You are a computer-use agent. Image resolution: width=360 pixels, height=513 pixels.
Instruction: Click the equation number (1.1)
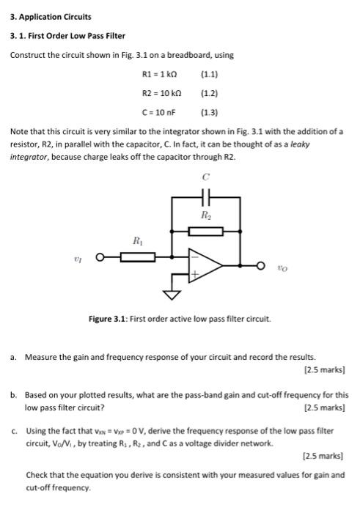coord(210,74)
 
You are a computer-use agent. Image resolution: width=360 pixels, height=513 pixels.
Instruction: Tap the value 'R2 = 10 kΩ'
coord(162,93)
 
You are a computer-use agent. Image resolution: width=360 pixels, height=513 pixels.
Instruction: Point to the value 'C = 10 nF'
coord(162,112)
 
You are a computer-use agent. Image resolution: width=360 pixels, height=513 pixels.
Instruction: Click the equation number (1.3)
coord(210,112)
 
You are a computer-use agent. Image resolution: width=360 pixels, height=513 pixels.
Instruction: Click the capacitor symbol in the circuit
coord(206,197)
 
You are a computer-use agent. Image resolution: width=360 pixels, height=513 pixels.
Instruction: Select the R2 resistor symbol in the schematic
coord(206,231)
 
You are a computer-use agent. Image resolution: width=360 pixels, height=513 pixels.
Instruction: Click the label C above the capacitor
coord(206,177)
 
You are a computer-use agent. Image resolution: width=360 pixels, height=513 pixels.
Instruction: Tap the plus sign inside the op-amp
coord(194,274)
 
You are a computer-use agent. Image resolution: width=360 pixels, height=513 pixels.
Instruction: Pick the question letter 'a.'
coord(14,357)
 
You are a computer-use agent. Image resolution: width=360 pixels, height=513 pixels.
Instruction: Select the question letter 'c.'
coord(14,432)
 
